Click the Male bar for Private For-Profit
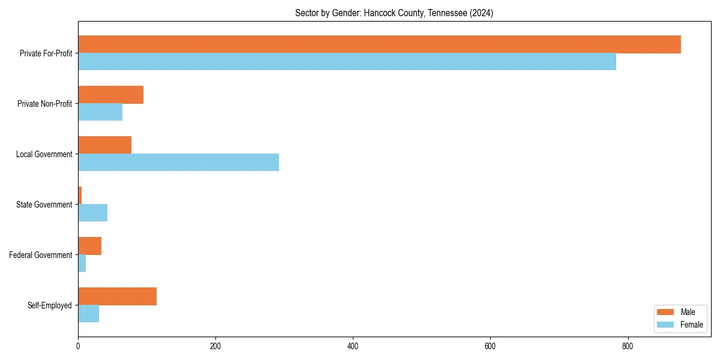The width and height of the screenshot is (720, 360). point(379,44)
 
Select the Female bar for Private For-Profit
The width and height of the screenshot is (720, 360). point(347,62)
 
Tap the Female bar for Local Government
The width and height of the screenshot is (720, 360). point(178,163)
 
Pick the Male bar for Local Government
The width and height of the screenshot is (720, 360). point(104,145)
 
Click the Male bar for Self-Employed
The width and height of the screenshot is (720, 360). point(117,296)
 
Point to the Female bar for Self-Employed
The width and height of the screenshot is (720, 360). point(88,314)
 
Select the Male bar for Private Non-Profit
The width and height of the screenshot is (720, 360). point(110,95)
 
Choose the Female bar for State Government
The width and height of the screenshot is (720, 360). point(92,213)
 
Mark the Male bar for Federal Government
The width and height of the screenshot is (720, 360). point(89,246)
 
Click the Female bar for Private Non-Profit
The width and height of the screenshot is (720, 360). point(100,112)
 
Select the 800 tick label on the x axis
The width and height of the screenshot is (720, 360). point(628,346)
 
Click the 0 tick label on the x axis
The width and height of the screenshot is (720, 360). point(78,346)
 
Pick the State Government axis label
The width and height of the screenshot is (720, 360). point(44,205)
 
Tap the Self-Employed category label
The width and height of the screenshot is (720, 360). point(49,305)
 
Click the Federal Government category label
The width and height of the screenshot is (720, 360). point(41,255)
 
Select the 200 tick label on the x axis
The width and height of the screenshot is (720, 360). point(215,346)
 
